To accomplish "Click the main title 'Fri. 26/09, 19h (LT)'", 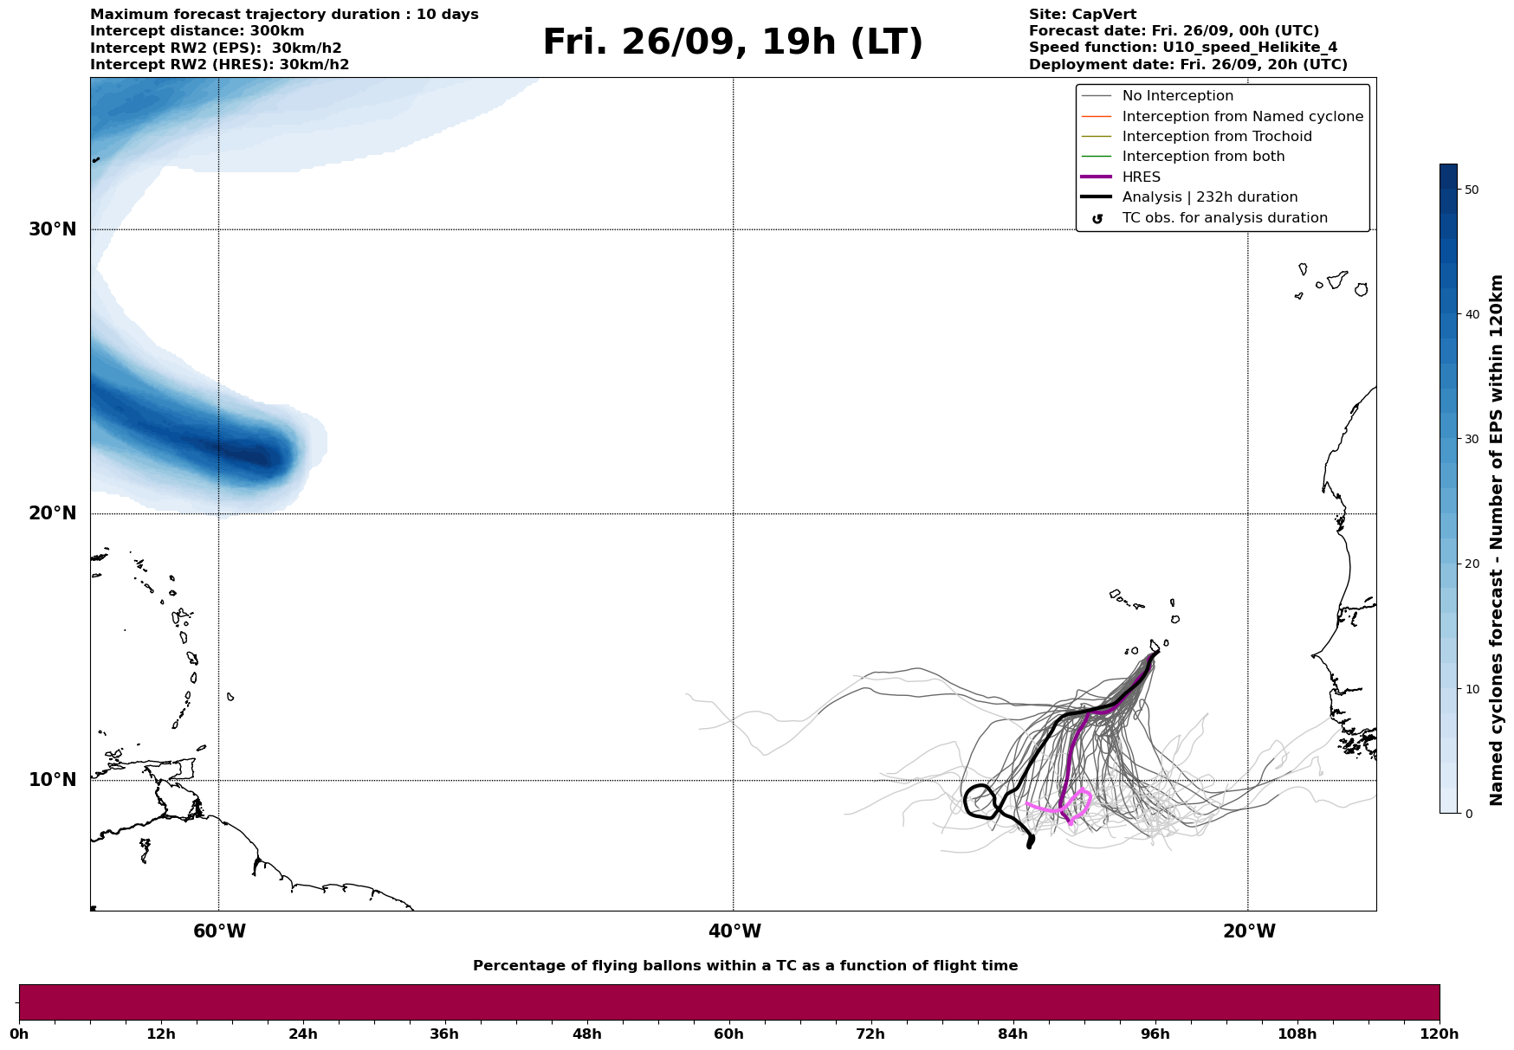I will click(733, 42).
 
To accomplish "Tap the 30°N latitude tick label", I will click(53, 229).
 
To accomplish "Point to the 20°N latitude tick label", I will click(53, 513).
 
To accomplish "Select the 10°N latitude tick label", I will click(53, 780).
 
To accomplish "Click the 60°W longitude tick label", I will click(219, 931).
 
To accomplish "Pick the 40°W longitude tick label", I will click(734, 931).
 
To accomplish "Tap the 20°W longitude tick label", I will click(1249, 931).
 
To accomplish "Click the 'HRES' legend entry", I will click(1141, 177).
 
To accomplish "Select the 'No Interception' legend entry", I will click(1177, 96).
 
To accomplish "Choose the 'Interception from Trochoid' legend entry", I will click(1216, 137).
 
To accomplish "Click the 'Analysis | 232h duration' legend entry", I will click(1209, 197).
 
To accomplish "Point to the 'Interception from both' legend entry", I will click(1203, 157).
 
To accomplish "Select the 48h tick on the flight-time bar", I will click(586, 1034).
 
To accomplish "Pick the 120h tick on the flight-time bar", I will click(1440, 1034).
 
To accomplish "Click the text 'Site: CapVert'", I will click(1082, 15).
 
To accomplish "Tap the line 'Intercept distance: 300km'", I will click(197, 31).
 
